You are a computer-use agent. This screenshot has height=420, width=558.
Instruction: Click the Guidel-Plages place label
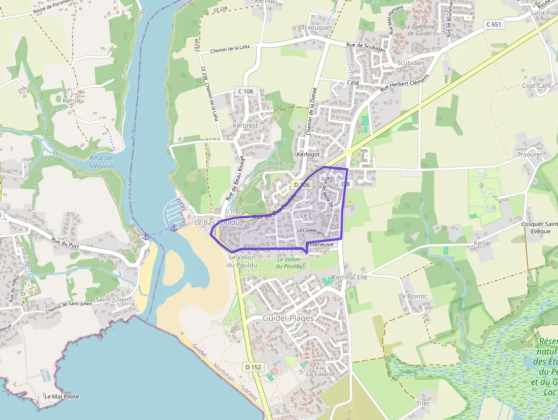click(289, 318)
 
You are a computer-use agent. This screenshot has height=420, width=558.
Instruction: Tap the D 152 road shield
click(254, 367)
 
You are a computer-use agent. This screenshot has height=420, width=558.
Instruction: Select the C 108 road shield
click(245, 91)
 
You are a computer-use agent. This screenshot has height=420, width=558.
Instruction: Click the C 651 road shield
click(494, 24)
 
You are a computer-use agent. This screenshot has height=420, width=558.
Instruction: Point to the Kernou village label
click(73, 101)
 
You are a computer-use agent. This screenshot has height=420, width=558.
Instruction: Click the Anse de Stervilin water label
click(101, 162)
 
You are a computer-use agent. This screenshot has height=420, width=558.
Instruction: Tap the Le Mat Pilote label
click(61, 396)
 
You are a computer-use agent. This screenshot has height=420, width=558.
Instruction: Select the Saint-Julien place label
click(111, 299)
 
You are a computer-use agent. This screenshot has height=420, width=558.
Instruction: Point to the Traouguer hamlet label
click(317, 27)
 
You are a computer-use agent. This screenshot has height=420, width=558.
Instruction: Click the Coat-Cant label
click(536, 85)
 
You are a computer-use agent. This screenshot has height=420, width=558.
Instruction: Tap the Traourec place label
click(531, 154)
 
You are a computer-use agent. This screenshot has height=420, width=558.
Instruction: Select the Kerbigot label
click(309, 154)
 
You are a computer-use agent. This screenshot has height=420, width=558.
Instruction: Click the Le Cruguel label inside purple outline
click(316, 216)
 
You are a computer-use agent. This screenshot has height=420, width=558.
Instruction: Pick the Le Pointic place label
click(413, 296)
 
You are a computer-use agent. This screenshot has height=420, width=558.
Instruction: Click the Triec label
click(423, 403)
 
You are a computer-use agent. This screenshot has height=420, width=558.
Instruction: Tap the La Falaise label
click(318, 374)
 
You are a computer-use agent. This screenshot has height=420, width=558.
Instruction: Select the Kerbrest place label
click(245, 125)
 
